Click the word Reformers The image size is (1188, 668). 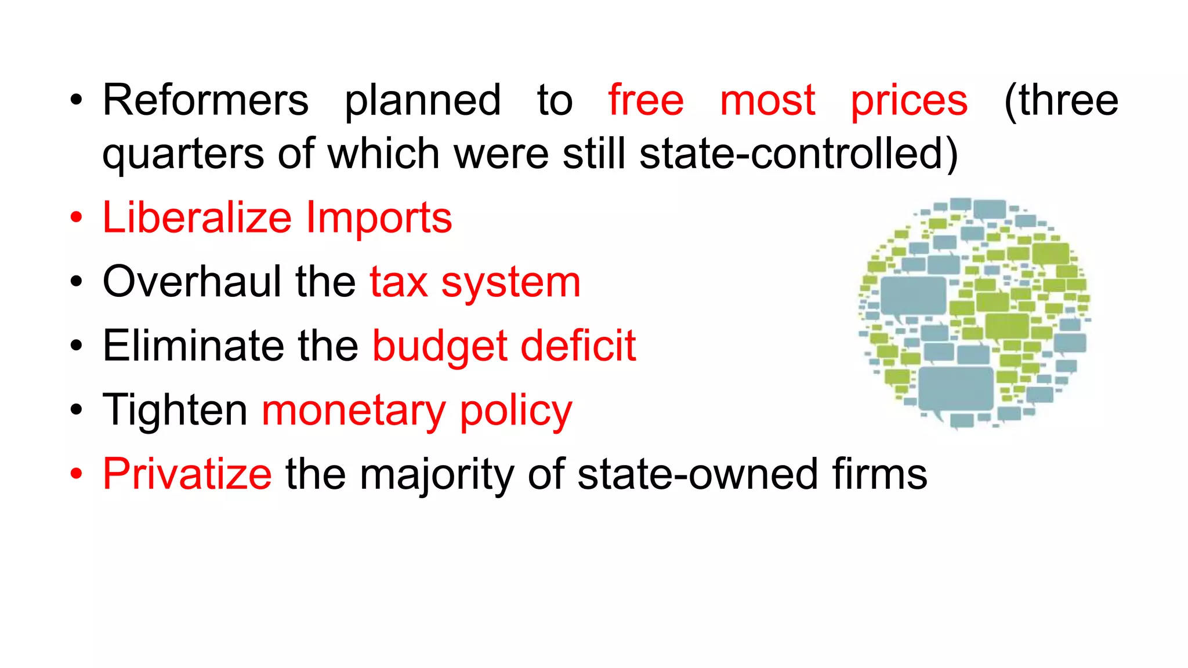pos(205,100)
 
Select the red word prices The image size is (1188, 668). pos(909,101)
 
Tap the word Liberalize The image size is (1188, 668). pos(197,218)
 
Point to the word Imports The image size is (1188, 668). pos(379,219)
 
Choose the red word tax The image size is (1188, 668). pos(399,283)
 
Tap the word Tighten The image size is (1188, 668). pos(175,411)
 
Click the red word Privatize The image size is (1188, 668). pos(187,474)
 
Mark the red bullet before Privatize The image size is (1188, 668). pos(76,474)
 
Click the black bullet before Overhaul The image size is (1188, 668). pos(76,282)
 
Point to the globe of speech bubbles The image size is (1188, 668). pos(974,313)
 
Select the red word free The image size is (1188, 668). pos(646,100)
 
